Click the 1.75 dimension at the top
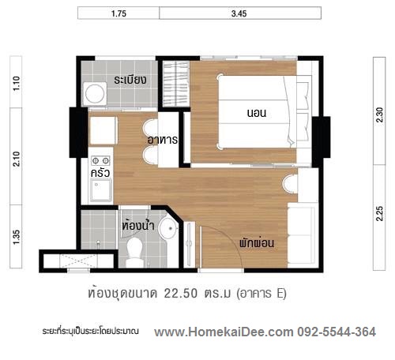click(118, 13)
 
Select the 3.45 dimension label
click(239, 13)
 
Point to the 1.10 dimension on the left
click(17, 83)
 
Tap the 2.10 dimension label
click(17, 159)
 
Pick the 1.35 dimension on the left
click(17, 237)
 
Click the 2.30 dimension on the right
click(379, 114)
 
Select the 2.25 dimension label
click(379, 213)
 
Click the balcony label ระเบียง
click(130, 80)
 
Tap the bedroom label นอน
click(257, 113)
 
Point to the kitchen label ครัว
click(100, 173)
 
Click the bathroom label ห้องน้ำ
click(138, 225)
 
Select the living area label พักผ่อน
click(257, 242)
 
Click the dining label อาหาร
click(163, 140)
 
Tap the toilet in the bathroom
click(135, 252)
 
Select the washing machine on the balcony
click(95, 94)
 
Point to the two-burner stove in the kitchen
click(100, 160)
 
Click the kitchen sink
click(101, 189)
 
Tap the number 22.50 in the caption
click(181, 294)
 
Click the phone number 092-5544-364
click(337, 332)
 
